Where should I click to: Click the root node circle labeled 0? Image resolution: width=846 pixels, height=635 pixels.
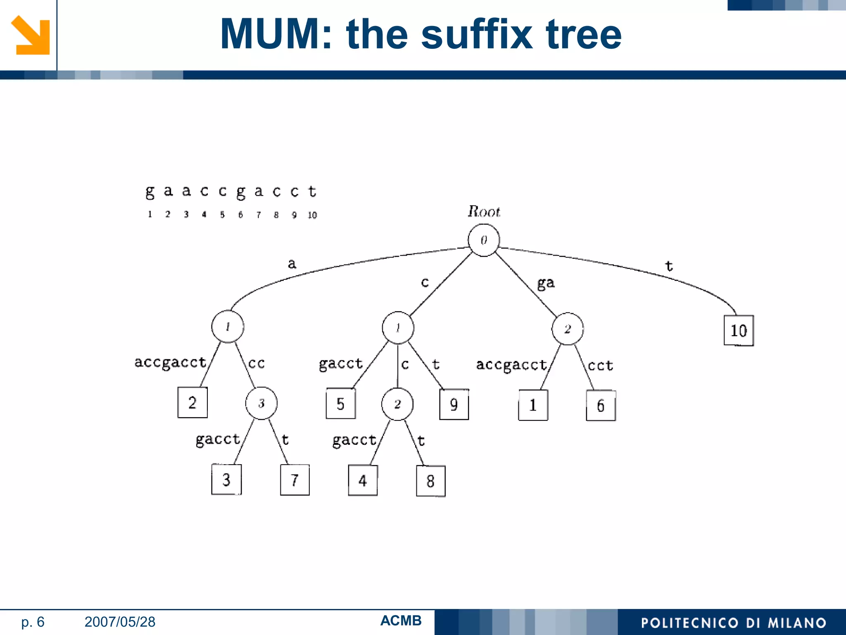484,240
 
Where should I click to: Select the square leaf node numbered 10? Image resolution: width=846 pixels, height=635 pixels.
739,330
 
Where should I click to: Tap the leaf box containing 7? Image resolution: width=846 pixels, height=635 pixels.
295,480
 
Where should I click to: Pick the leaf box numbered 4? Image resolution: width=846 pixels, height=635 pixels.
363,480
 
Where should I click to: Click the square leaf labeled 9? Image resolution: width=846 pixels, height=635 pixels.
454,404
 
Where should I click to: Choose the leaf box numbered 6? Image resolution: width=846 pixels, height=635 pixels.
601,406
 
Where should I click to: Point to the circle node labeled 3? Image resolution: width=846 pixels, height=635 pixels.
261,403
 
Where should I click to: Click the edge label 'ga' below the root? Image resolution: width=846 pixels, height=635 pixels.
546,283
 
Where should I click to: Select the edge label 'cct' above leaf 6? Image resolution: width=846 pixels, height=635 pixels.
600,365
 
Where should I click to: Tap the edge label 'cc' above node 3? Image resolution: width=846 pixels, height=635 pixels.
256,363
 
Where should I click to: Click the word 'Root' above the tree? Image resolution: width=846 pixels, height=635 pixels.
484,212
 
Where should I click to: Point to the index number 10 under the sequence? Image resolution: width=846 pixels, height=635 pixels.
312,215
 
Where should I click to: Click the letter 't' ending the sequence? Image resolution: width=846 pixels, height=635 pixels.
312,191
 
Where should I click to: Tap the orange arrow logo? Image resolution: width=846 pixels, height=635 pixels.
31,35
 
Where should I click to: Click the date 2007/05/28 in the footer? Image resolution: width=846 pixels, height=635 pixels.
120,622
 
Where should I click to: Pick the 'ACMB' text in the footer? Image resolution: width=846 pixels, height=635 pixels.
401,621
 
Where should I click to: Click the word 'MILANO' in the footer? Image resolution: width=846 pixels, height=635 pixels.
797,623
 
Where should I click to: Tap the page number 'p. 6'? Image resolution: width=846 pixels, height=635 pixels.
33,622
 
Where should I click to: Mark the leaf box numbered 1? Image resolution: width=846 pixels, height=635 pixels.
533,405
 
